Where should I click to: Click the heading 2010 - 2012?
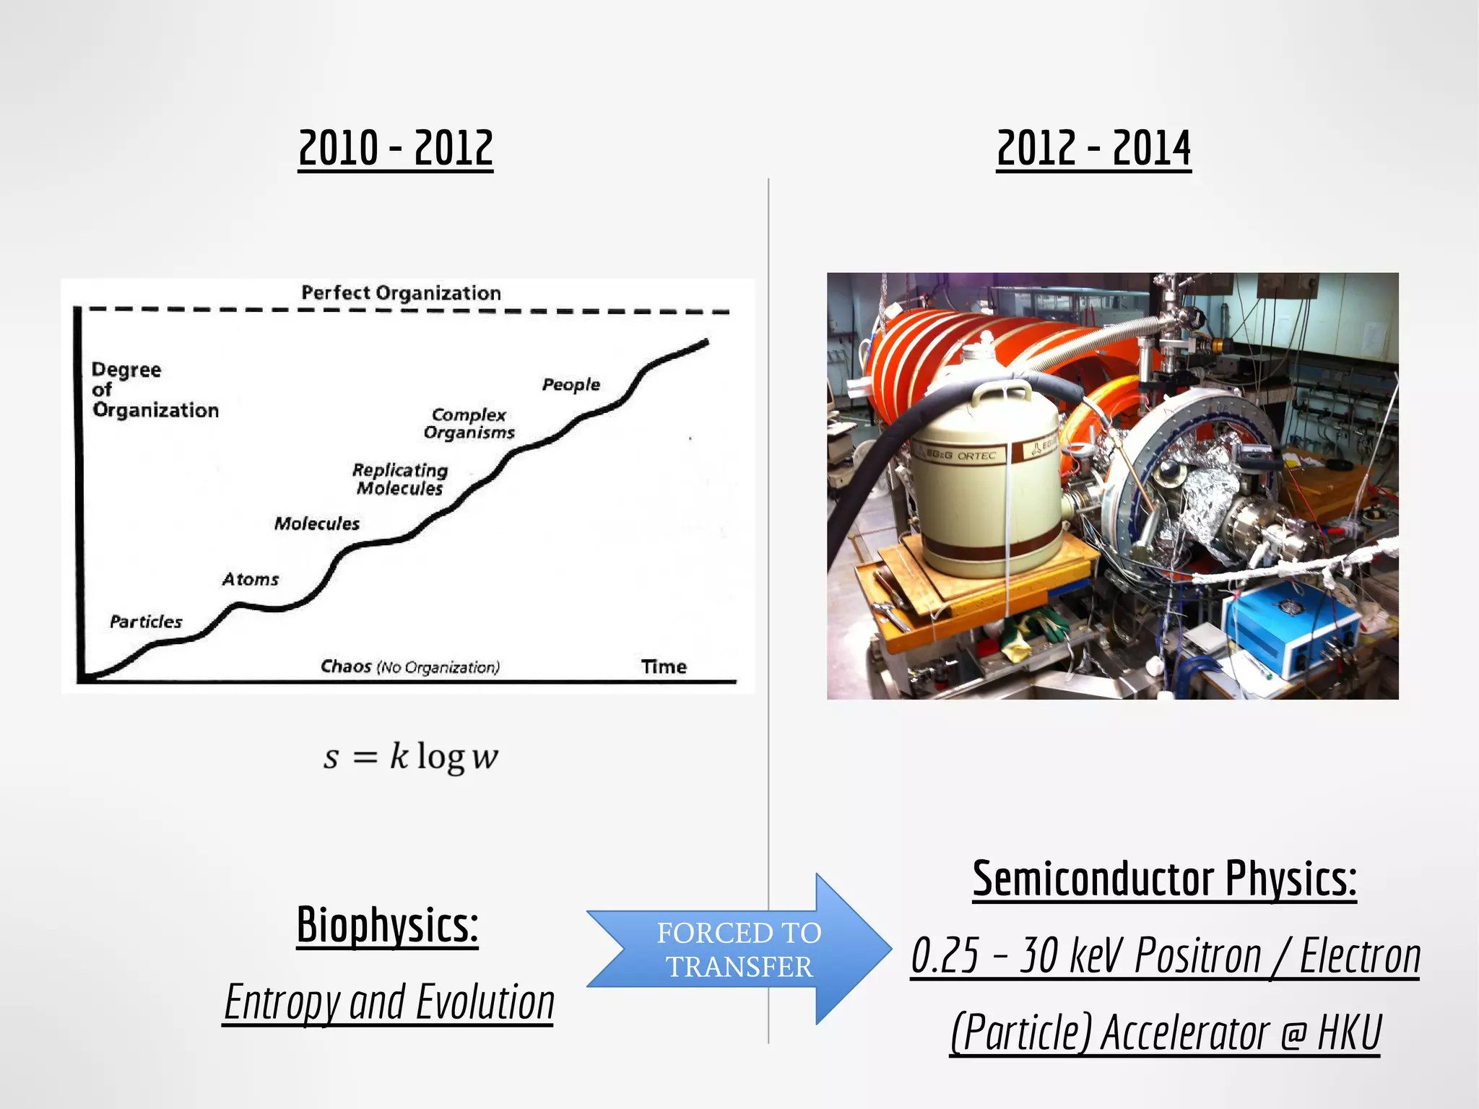[396, 148]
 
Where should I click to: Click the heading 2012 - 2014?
[1093, 148]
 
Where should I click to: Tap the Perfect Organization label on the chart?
[401, 293]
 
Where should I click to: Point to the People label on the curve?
[571, 385]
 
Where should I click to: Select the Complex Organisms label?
[469, 424]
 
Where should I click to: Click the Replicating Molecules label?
[400, 479]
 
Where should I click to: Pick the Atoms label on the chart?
[250, 580]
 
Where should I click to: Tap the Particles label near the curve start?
[146, 622]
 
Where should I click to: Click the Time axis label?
[664, 667]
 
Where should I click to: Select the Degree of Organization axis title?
[155, 390]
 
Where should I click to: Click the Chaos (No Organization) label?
[409, 667]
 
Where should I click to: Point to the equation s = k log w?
[410, 757]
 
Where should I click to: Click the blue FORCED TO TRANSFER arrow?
[739, 949]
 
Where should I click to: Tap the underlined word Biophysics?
[387, 925]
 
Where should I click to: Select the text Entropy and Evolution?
[389, 1002]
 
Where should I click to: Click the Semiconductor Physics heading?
[1164, 879]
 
